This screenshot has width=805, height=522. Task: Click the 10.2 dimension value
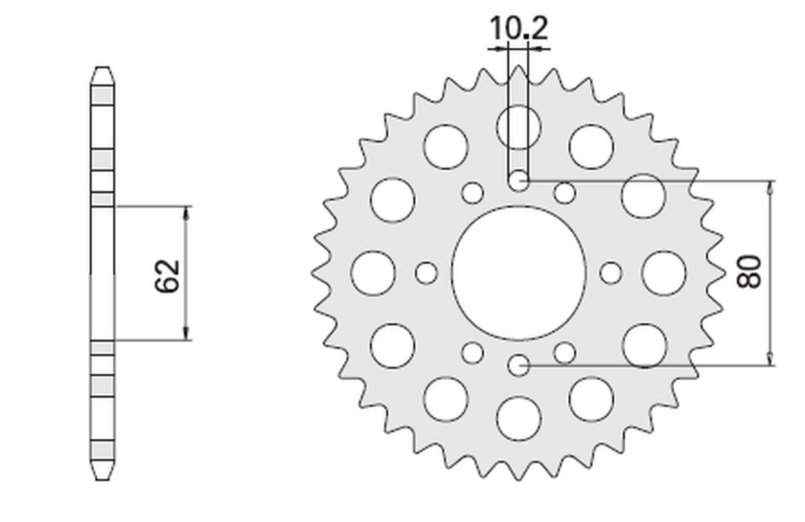click(x=519, y=29)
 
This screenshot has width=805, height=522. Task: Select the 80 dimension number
click(x=750, y=272)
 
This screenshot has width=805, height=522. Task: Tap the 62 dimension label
click(x=168, y=274)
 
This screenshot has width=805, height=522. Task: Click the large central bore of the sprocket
click(x=519, y=272)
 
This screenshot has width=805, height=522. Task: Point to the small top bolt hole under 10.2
click(x=519, y=180)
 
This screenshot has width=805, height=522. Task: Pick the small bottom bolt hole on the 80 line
click(x=519, y=365)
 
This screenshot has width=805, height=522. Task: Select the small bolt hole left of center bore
click(x=426, y=272)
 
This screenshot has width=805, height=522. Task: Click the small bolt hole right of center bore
click(x=610, y=272)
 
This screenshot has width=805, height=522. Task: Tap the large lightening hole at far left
click(x=373, y=272)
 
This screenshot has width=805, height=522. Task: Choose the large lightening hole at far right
click(x=663, y=272)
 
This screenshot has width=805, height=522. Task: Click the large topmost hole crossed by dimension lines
click(x=519, y=126)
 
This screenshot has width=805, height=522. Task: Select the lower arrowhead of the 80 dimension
click(x=771, y=359)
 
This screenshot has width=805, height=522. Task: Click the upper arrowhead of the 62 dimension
click(x=187, y=212)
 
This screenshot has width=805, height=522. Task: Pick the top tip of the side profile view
click(x=102, y=68)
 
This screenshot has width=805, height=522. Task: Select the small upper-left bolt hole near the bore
click(x=473, y=193)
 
